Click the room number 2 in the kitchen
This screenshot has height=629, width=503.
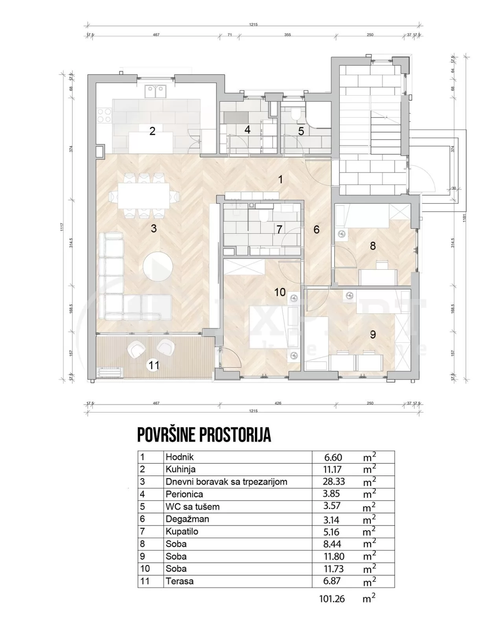coord(152,131)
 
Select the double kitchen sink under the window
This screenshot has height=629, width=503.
coord(156,92)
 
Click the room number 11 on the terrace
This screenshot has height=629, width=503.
coord(153,365)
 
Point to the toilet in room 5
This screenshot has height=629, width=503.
coord(295,114)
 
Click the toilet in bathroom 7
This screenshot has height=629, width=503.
coord(264,216)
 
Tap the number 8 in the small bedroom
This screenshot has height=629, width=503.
coord(372,246)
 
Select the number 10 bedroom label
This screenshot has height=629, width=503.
coord(280,292)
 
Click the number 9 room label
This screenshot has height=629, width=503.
coord(372,334)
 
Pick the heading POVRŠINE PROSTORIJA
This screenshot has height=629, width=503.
coord(204,435)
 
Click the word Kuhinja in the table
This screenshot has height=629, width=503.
coord(180,469)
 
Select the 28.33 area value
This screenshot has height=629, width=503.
coord(333,482)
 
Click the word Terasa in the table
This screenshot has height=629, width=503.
coord(179,581)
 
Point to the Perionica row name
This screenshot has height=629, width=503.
coord(184,494)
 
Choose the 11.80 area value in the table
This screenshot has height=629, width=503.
coord(333,557)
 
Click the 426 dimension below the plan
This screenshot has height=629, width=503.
coord(278,403)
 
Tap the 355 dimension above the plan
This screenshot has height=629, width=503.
coord(287,35)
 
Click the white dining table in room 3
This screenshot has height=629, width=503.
coord(144,195)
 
